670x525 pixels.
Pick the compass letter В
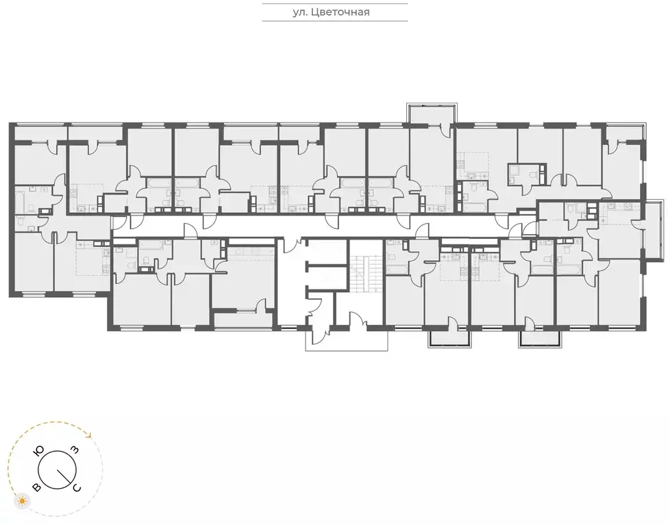pos(36,487)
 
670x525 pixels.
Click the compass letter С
pos(77,487)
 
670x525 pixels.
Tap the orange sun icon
pos(23,502)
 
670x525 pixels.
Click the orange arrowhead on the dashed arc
pos(87,433)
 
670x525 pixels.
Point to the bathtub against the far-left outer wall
pos(21,201)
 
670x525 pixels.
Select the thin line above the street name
pos(335,3)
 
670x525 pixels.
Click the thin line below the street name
pos(335,21)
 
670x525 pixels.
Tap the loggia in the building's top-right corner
pos(623,133)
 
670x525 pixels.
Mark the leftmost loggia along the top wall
pos(40,133)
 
